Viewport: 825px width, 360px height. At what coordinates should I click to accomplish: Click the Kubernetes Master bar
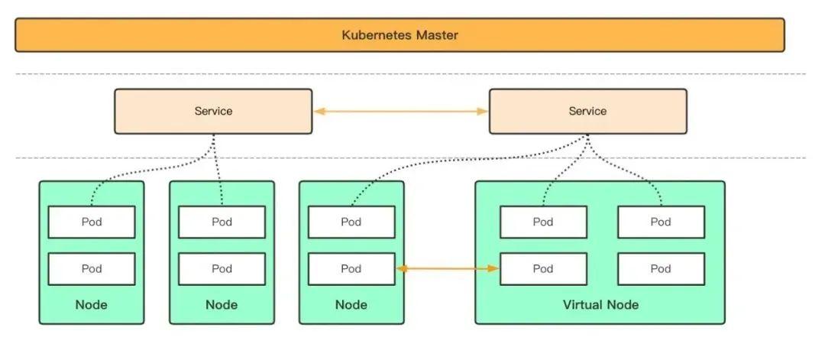pyautogui.click(x=400, y=35)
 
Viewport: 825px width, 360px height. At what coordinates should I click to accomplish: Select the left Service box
pyautogui.click(x=213, y=112)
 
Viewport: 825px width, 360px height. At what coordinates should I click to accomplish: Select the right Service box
pyautogui.click(x=587, y=112)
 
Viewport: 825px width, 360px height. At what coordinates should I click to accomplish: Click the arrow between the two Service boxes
pyautogui.click(x=400, y=112)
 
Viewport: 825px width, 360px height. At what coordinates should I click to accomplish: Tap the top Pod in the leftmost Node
pyautogui.click(x=92, y=222)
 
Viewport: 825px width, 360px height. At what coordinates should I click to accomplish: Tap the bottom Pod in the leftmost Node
pyautogui.click(x=92, y=269)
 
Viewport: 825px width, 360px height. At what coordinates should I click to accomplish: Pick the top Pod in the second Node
pyautogui.click(x=222, y=222)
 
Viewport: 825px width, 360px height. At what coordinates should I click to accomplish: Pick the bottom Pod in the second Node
pyautogui.click(x=222, y=269)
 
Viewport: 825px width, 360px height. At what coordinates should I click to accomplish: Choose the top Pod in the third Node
pyautogui.click(x=351, y=222)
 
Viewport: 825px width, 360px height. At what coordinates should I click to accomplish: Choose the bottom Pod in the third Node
pyautogui.click(x=351, y=269)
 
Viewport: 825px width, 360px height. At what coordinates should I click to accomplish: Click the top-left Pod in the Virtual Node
pyautogui.click(x=543, y=222)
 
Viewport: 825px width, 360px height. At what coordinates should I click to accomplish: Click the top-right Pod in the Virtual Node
pyautogui.click(x=661, y=222)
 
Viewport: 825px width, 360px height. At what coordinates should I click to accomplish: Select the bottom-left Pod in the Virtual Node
pyautogui.click(x=543, y=269)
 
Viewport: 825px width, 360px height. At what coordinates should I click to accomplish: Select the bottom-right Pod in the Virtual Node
pyautogui.click(x=661, y=269)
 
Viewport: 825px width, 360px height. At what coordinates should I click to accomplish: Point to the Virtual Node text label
pyautogui.click(x=600, y=305)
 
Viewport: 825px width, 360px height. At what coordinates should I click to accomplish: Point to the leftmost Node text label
pyautogui.click(x=92, y=305)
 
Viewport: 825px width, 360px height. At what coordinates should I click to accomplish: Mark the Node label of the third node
pyautogui.click(x=351, y=305)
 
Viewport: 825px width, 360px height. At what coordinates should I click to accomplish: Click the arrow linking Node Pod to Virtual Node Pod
pyautogui.click(x=448, y=268)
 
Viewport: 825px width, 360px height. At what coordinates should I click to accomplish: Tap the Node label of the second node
pyautogui.click(x=222, y=305)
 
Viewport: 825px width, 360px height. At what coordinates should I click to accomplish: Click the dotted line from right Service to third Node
pyautogui.click(x=458, y=165)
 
